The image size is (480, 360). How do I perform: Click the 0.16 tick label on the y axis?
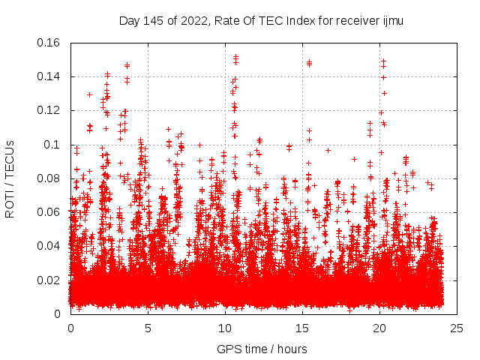tap(50, 43)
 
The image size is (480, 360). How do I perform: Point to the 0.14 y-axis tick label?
tap(50, 76)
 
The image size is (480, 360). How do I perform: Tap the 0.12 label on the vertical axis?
tap(50, 110)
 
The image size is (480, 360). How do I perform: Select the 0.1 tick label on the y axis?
tap(55, 144)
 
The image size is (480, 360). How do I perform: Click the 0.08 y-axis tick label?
tap(50, 178)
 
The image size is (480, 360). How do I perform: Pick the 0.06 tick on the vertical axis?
tap(50, 212)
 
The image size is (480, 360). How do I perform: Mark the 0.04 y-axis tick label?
tap(50, 246)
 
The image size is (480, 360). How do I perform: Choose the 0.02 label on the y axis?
tap(50, 280)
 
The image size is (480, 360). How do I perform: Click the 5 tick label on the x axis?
tap(148, 328)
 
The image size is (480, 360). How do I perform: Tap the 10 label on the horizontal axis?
tap(225, 328)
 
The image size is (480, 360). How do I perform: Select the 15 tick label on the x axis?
tap(302, 328)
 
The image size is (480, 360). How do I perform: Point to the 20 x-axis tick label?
tap(379, 328)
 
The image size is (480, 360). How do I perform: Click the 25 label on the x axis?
tap(457, 328)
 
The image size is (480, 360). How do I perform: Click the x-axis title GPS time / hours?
tap(263, 348)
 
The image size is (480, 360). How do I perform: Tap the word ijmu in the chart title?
tap(392, 21)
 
